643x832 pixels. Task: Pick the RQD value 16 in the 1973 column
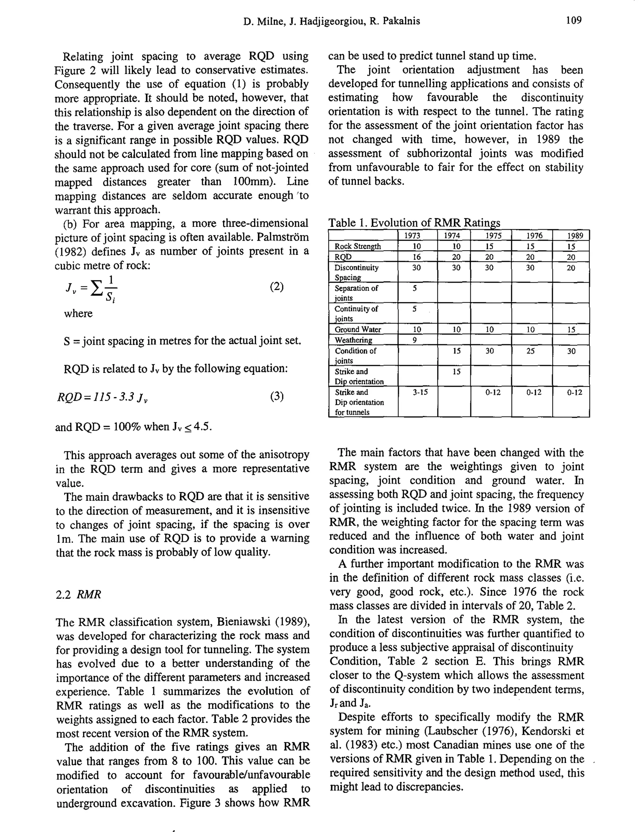[417, 257]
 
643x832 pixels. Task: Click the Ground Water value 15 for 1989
[571, 330]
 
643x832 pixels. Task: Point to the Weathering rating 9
[415, 340]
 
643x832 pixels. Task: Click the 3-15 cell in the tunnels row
[420, 392]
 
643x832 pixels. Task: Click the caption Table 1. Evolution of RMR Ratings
[414, 223]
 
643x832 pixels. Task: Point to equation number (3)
[277, 397]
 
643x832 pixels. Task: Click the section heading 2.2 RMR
[78, 594]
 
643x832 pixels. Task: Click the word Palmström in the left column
[282, 237]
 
